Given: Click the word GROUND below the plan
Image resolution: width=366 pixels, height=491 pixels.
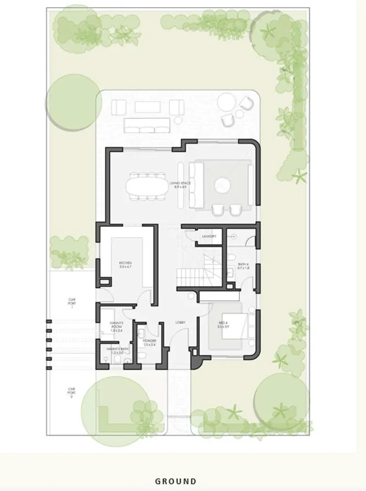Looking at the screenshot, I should [x=176, y=481].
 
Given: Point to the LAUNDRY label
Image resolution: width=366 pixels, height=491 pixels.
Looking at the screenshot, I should [x=209, y=237].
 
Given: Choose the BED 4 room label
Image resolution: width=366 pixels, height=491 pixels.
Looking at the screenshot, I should [x=222, y=325].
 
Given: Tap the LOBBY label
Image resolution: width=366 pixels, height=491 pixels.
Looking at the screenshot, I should [x=179, y=322].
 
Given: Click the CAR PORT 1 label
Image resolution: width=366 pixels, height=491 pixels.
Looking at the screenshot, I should [x=71, y=303].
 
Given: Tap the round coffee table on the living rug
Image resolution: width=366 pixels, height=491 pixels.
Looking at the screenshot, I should [x=222, y=185].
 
